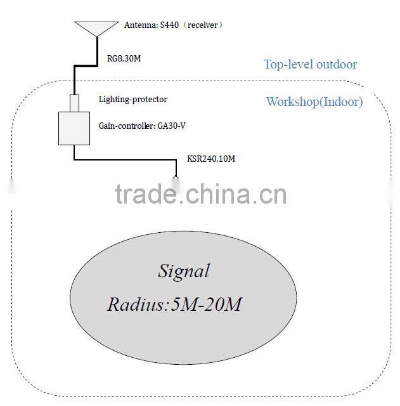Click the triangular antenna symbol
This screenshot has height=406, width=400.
click(96, 29)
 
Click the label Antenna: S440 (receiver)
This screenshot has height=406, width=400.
click(172, 25)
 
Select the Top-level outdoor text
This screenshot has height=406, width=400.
click(310, 64)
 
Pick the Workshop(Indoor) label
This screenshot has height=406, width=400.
click(314, 101)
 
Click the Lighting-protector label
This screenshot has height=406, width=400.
click(133, 100)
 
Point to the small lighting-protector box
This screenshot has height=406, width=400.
click(75, 103)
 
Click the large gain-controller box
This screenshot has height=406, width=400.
click(74, 128)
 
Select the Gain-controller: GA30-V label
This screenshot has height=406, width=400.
click(142, 126)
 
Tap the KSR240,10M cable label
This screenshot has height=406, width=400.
click(211, 158)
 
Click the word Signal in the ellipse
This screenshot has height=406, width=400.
click(183, 272)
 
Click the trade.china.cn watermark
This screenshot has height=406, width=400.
click(201, 195)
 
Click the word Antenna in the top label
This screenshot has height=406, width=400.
click(138, 25)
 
